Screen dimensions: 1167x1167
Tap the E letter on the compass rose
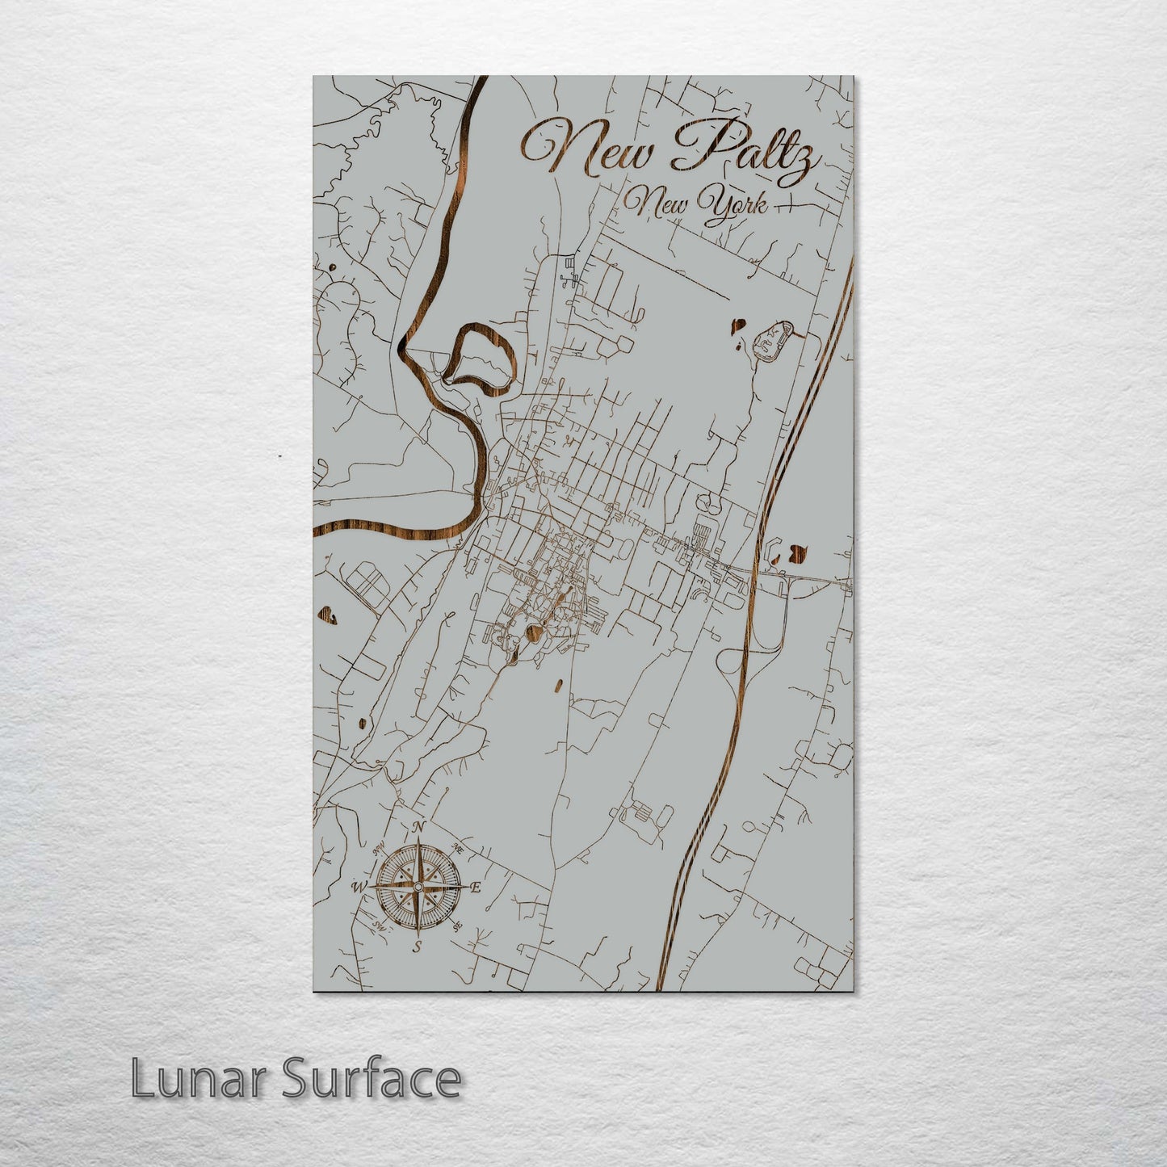(476, 888)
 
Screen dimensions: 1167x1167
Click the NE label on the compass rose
(458, 849)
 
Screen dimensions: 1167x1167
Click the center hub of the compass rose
(418, 888)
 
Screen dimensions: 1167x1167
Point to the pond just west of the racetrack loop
(737, 327)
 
